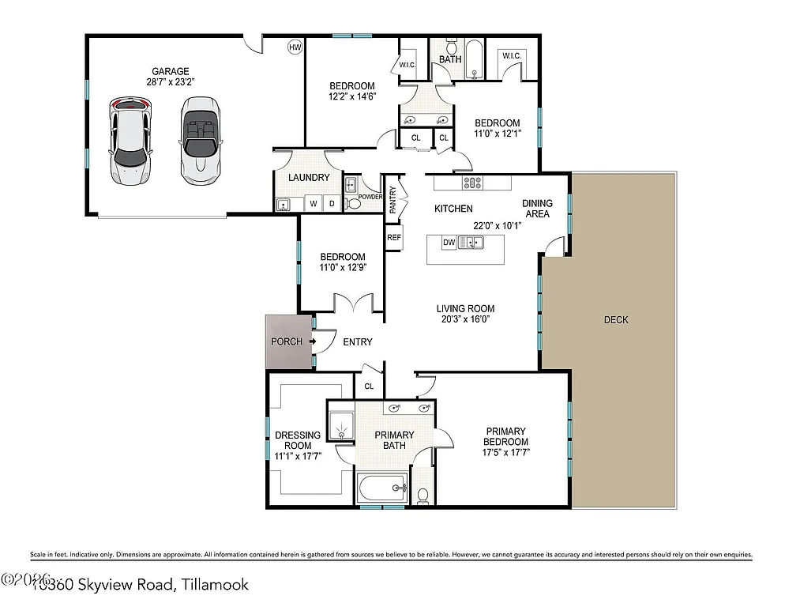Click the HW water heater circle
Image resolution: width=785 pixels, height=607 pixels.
tap(295, 47)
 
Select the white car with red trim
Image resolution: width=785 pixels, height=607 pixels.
tap(130, 141)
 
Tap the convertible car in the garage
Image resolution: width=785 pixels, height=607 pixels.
tap(200, 141)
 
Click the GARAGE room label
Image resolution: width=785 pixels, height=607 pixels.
tap(171, 71)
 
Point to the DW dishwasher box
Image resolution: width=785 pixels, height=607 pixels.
tap(449, 243)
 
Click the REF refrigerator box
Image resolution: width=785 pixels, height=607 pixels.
tap(393, 237)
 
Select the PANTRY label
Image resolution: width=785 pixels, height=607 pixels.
tap(392, 199)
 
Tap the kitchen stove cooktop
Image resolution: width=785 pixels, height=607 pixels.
tap(472, 183)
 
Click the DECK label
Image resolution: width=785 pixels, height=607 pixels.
tap(616, 319)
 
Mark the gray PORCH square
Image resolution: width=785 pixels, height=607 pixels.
tap(287, 342)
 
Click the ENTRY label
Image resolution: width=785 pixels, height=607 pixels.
tap(357, 341)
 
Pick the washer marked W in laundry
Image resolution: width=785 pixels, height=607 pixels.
tap(314, 204)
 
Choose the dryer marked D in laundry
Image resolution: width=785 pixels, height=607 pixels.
tap(332, 204)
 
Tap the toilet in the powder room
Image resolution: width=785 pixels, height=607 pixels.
tap(355, 203)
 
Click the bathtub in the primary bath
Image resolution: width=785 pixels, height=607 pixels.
tap(381, 488)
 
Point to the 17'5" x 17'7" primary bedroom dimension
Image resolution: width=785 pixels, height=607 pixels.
tap(506, 453)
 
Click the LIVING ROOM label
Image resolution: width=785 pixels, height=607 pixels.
tap(466, 309)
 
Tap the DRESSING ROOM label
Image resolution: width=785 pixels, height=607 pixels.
tap(297, 440)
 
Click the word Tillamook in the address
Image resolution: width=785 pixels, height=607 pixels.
tap(214, 585)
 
